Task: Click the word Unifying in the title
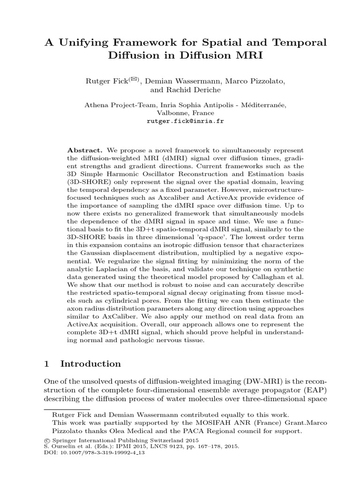coord(84,43)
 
